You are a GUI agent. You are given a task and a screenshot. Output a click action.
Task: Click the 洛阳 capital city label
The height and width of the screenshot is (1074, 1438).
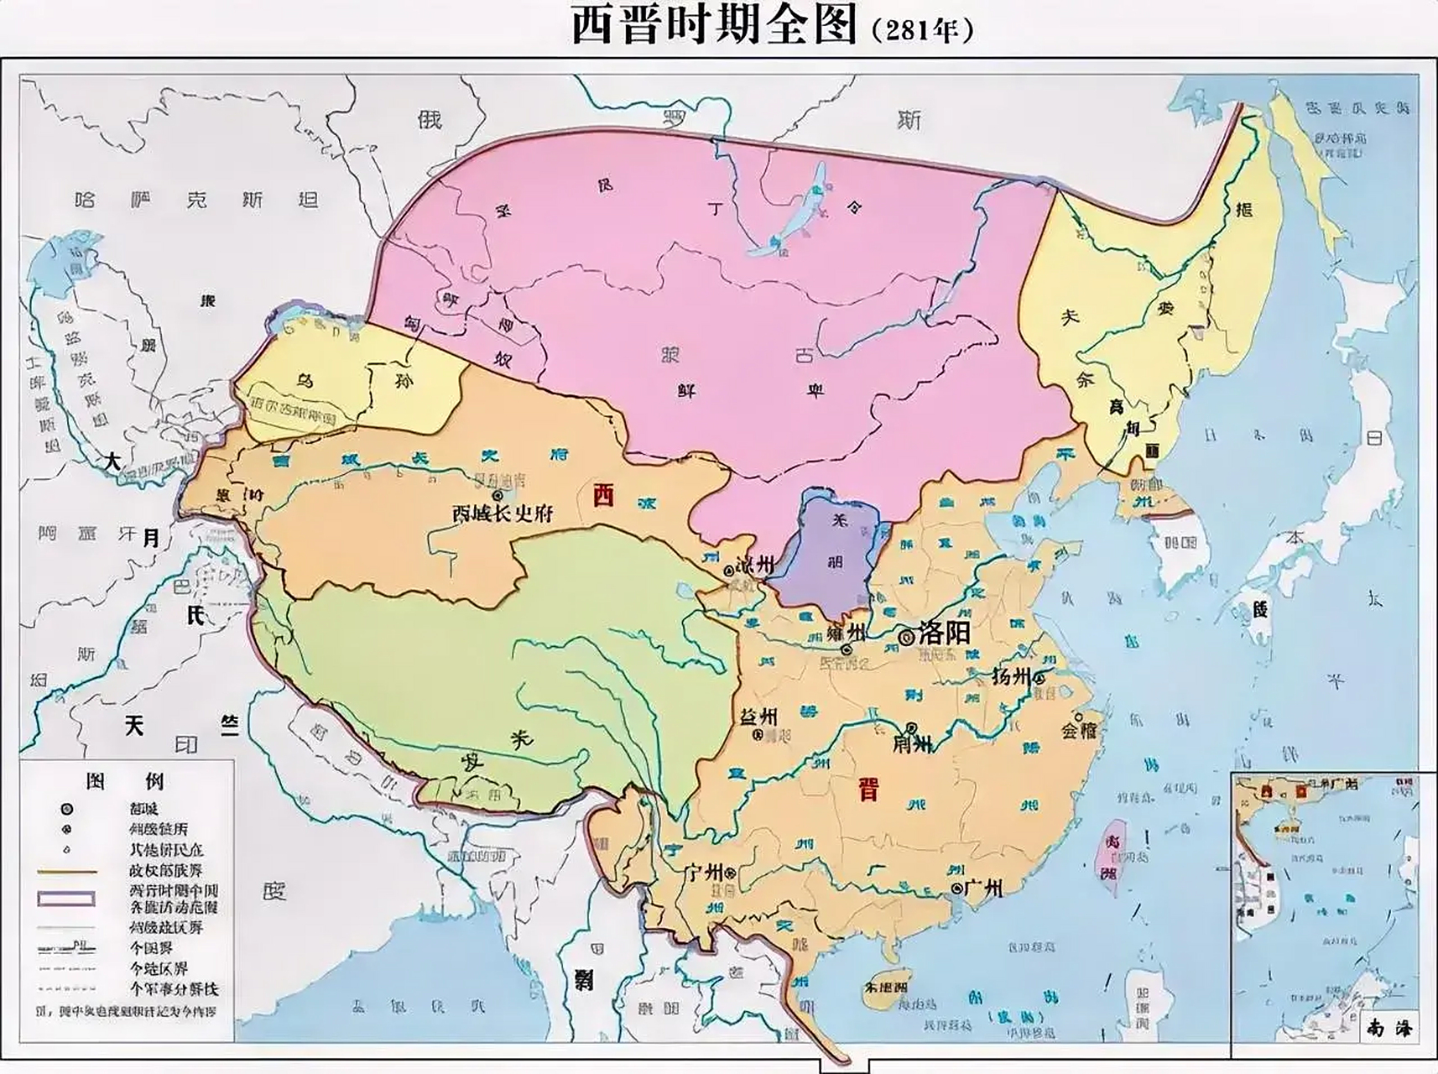(945, 633)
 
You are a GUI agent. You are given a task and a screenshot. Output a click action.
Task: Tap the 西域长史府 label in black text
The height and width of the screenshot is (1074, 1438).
(503, 513)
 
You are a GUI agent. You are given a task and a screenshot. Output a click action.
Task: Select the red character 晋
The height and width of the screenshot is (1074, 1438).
(867, 789)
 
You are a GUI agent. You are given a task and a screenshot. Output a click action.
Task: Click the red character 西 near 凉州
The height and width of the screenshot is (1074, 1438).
(602, 495)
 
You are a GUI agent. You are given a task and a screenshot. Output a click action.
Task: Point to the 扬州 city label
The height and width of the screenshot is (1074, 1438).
(1011, 676)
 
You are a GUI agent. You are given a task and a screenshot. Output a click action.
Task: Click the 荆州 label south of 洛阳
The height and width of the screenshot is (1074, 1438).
(912, 743)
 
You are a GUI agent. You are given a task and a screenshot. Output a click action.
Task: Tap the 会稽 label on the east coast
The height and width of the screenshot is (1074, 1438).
(1079, 729)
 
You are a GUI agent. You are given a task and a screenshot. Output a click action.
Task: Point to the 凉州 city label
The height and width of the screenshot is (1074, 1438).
(754, 565)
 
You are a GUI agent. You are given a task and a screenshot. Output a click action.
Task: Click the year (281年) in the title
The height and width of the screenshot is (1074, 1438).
(923, 31)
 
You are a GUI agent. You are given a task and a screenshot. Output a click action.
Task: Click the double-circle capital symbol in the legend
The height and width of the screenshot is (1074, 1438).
(66, 810)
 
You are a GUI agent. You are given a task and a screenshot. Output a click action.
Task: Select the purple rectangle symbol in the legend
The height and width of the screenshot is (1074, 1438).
(65, 899)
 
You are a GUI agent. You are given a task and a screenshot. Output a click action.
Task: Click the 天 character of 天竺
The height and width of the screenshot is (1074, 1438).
(134, 726)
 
